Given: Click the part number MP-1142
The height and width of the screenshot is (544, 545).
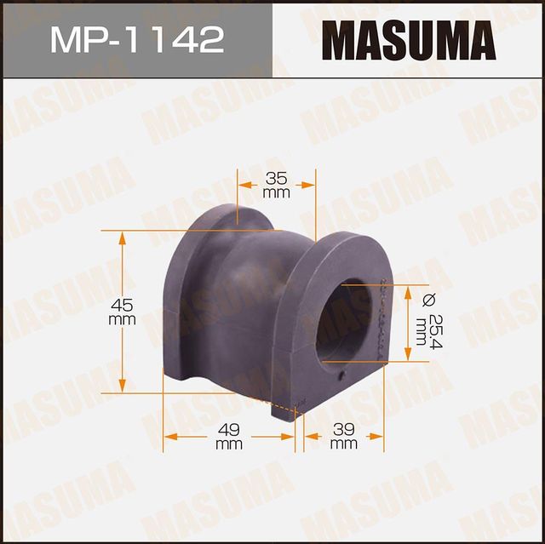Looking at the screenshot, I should [x=136, y=39].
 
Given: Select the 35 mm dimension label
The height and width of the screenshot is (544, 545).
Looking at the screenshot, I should [x=276, y=186].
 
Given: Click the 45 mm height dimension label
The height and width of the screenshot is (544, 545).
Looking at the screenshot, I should [x=123, y=312].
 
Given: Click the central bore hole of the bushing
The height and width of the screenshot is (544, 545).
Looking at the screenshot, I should [x=344, y=320].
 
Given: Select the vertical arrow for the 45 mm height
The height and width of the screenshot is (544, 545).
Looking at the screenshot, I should [x=123, y=272].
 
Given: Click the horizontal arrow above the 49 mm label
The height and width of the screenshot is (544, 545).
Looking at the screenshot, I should [x=228, y=437].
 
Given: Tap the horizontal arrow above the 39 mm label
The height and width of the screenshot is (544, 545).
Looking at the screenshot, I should [x=343, y=437].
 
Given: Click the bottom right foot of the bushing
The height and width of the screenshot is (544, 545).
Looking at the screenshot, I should [x=285, y=409].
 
